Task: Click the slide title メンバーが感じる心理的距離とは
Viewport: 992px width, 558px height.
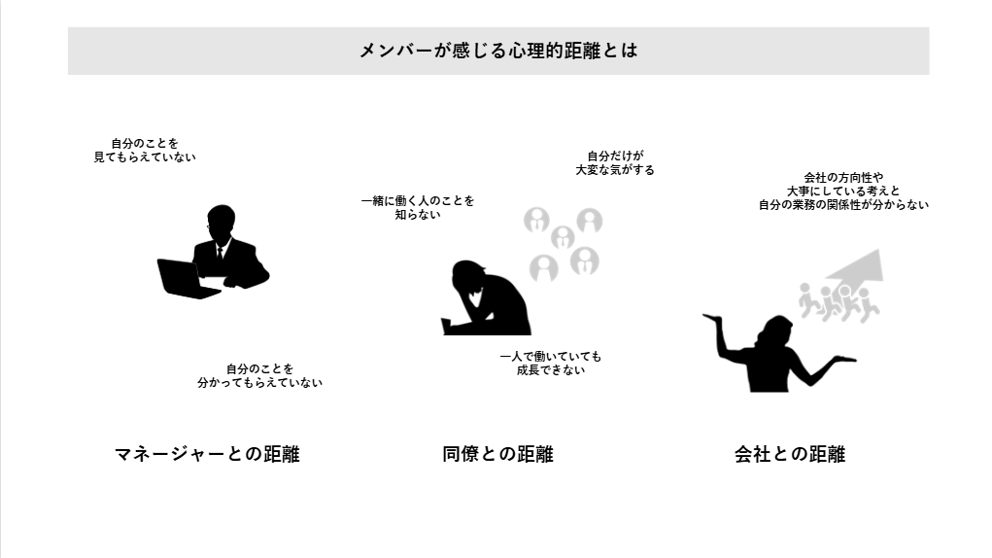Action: click(x=498, y=51)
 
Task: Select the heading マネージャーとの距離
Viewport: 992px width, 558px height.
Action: click(x=207, y=454)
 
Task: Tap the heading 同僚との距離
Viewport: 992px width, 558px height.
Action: click(x=497, y=454)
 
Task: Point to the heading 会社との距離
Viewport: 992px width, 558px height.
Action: click(x=790, y=454)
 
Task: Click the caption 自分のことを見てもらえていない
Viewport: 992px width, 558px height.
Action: click(x=145, y=151)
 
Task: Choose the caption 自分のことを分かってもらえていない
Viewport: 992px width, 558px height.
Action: click(x=260, y=376)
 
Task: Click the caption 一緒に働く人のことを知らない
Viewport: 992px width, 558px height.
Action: click(x=418, y=207)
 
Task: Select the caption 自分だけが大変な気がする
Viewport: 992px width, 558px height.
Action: click(x=615, y=163)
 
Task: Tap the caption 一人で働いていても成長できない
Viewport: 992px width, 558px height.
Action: click(x=550, y=364)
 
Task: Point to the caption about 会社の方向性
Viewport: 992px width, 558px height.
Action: click(x=844, y=192)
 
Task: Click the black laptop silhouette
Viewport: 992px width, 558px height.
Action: click(x=184, y=279)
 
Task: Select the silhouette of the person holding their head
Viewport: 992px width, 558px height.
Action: click(x=486, y=297)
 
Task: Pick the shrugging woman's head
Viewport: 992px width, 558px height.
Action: click(x=777, y=332)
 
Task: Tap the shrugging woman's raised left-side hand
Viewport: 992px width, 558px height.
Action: click(x=712, y=318)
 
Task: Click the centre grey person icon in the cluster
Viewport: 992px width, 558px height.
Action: click(x=563, y=238)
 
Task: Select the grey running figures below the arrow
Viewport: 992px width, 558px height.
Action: click(x=838, y=303)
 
